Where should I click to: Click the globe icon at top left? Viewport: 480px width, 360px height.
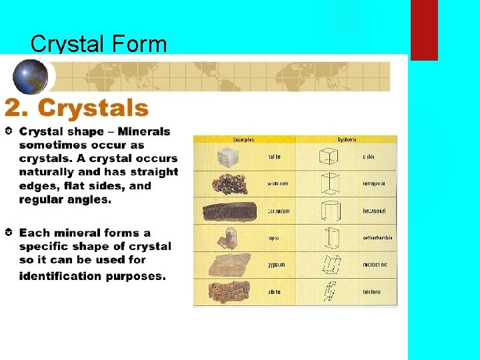[31, 75]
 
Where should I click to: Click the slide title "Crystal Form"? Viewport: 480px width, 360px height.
[99, 44]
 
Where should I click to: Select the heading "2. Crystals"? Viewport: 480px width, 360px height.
[77, 107]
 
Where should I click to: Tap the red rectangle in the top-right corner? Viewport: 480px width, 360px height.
[424, 30]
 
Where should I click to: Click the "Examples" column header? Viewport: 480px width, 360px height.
[243, 139]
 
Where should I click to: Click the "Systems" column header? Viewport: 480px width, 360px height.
[347, 139]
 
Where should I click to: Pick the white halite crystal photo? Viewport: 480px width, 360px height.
[228, 157]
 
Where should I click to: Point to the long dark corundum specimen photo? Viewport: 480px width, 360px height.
[229, 211]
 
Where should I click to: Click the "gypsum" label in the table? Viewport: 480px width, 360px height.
[277, 265]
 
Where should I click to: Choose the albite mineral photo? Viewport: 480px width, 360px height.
[228, 291]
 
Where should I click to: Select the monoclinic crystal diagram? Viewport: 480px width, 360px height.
[329, 265]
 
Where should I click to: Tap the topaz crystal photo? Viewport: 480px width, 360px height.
[229, 237]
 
